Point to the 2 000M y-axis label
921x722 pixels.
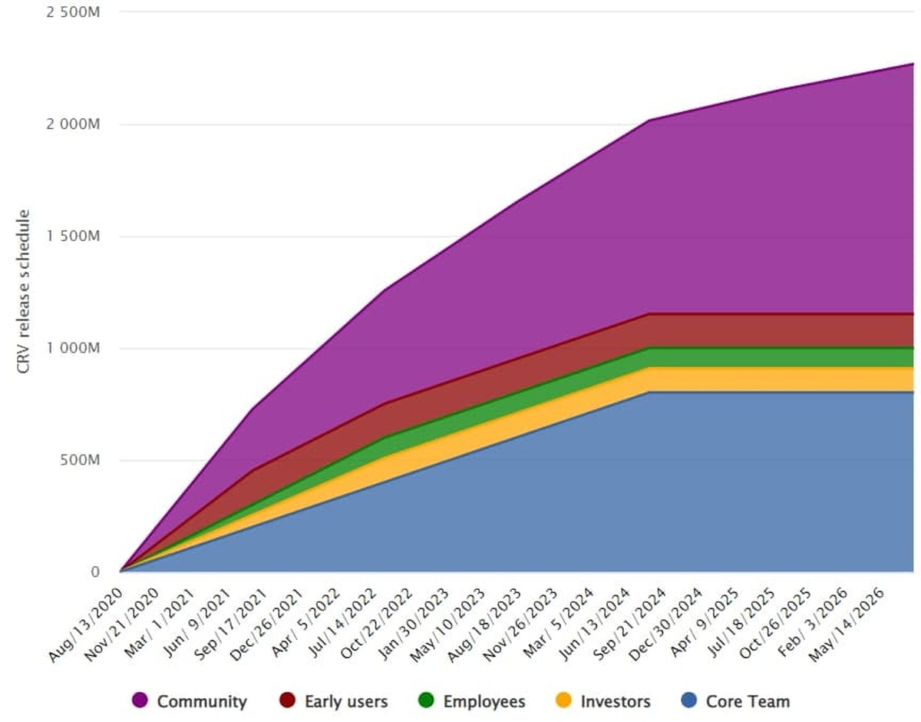(x=74, y=124)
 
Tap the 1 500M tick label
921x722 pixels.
(x=74, y=237)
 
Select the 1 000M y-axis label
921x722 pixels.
(x=74, y=349)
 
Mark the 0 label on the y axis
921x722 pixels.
(x=95, y=572)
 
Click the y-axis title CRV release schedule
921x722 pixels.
(x=24, y=292)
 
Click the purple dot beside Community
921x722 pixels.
(x=140, y=701)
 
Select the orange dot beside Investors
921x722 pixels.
(x=563, y=701)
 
